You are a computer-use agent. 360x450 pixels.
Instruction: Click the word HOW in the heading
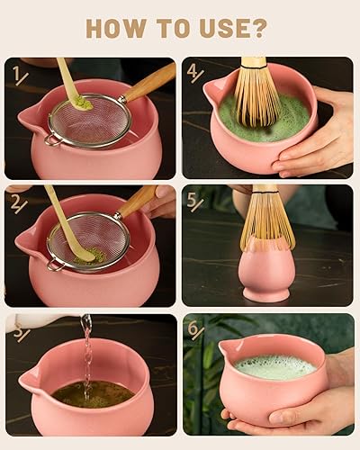pos(117,28)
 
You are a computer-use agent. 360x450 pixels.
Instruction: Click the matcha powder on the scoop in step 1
pos(82,103)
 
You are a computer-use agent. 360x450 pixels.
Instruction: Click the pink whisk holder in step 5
pos(266,274)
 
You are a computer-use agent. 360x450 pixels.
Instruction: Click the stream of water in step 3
pos(86,355)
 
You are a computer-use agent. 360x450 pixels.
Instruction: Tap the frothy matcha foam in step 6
pos(274,367)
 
